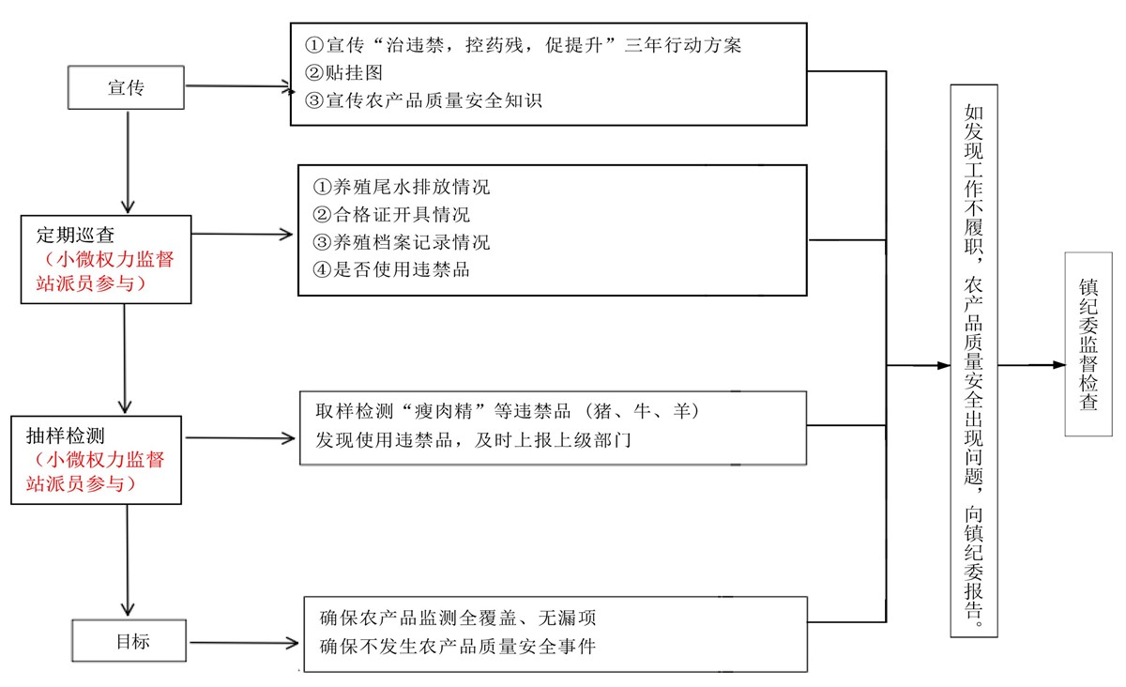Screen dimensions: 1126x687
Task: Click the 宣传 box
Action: tap(126, 87)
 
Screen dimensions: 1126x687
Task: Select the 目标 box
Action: tap(129, 640)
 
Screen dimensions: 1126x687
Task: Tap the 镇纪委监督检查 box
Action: tap(1088, 344)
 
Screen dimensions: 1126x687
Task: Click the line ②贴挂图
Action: tap(343, 73)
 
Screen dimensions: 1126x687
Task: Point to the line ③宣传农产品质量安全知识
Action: tap(423, 100)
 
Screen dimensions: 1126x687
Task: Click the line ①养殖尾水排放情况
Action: tap(402, 187)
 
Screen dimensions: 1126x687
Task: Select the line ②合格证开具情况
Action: tap(391, 215)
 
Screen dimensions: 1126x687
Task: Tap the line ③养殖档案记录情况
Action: tap(402, 242)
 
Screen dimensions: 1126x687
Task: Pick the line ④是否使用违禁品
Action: tap(391, 269)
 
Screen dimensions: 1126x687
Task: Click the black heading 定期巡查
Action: tap(75, 235)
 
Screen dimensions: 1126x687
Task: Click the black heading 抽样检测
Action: tap(66, 435)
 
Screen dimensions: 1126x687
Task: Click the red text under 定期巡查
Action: tap(105, 271)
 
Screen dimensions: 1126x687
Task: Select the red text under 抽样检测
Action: tap(96, 472)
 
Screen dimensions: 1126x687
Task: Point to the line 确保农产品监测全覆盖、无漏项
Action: tap(458, 618)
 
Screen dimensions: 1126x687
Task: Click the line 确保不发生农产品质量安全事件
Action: tap(458, 647)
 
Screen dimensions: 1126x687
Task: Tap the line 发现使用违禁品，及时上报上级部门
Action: tap(473, 440)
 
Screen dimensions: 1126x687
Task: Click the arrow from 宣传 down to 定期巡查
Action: tap(128, 162)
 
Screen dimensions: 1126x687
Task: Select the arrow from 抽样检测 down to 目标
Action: tap(128, 560)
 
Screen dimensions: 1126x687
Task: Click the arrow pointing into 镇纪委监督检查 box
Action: tap(1031, 365)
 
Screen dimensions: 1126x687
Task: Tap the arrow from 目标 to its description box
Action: tap(244, 642)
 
